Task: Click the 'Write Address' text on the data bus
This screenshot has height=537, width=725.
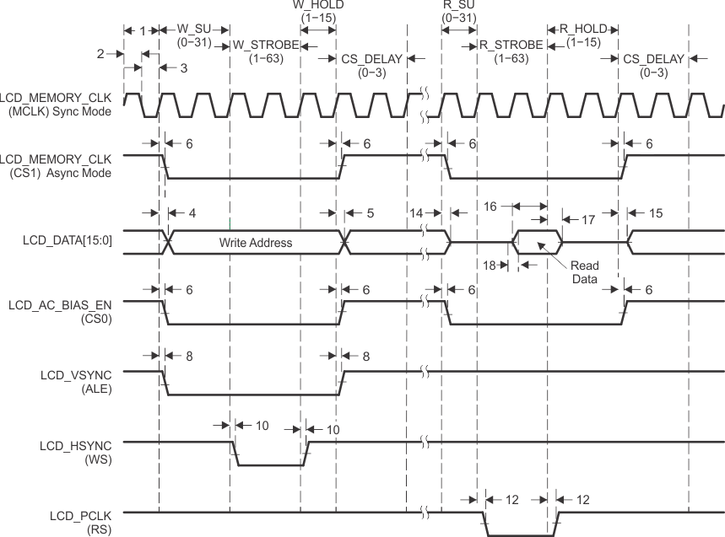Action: (x=256, y=243)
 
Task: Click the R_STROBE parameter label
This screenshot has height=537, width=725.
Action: (x=511, y=45)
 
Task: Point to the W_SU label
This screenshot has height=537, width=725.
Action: (x=196, y=30)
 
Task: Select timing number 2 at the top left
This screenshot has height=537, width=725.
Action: (x=100, y=53)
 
